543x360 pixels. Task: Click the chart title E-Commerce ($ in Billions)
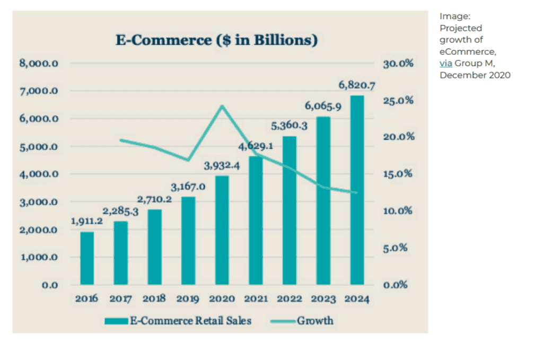coord(217,40)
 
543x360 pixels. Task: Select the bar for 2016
coord(87,258)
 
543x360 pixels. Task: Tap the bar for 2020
coord(222,230)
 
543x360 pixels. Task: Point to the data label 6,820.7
coord(357,85)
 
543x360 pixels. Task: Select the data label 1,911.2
coord(87,221)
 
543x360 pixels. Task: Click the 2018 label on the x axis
coord(154,298)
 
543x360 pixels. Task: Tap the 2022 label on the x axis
coord(290,298)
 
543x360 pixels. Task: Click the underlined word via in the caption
coord(445,64)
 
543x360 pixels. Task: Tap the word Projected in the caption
coord(461,28)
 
